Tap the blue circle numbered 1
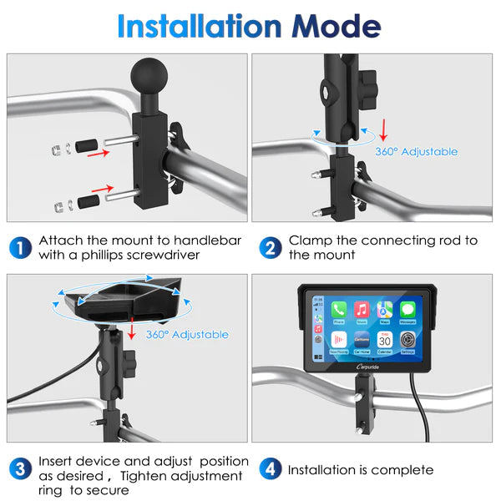click(21, 248)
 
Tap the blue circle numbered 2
click(270, 248)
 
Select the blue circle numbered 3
click(21, 469)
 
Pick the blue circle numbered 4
click(270, 469)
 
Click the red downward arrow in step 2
click(383, 129)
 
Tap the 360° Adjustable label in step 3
click(187, 334)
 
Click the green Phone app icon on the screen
click(339, 310)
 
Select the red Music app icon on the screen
click(362, 310)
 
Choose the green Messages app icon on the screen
click(408, 310)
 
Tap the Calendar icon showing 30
click(385, 342)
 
